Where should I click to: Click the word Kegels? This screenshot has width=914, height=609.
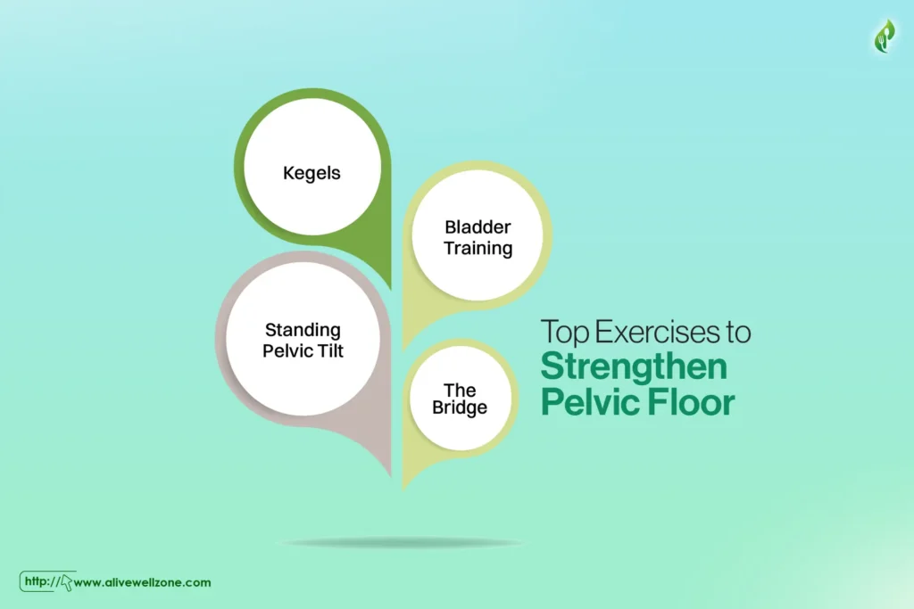pos(312,174)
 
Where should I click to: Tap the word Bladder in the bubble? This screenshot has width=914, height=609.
pos(478,226)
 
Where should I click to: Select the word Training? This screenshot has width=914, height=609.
pos(478,249)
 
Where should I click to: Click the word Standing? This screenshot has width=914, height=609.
pos(303,331)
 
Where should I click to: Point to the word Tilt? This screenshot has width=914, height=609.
pos(330,350)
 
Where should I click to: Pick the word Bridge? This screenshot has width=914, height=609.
pos(460,407)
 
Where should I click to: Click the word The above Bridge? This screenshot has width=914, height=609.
pos(460,390)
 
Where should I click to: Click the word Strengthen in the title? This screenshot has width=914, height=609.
pos(634,366)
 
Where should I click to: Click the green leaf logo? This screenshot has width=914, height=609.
pos(885,36)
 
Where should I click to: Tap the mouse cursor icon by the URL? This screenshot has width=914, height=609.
pos(66,583)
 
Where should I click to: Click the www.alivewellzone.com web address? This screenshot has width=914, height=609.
pos(142,582)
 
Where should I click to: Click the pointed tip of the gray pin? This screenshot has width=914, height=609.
pos(390,475)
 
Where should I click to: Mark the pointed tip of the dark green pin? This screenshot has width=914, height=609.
pos(390,288)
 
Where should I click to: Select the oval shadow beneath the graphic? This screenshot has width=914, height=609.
pos(401,543)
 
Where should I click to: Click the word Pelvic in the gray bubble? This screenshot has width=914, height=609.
pos(288,350)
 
